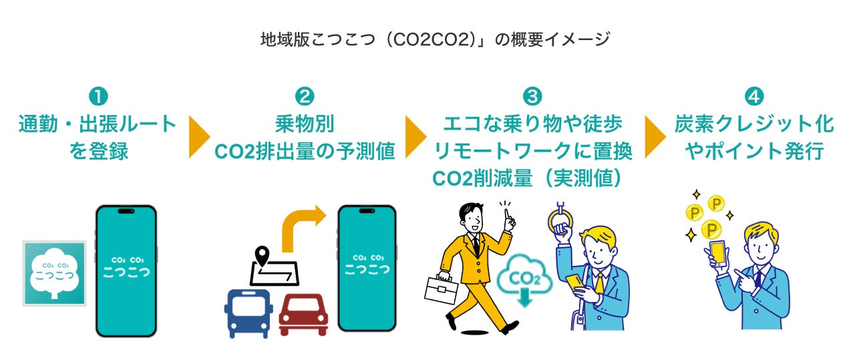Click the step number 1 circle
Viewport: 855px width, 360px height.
(x=98, y=97)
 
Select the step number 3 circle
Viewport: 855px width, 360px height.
(x=532, y=97)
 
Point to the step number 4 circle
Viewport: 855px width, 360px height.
(x=753, y=97)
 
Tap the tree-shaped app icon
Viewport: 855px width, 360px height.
(x=55, y=273)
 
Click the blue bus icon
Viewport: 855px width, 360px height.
(x=248, y=313)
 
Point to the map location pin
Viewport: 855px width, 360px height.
(x=263, y=255)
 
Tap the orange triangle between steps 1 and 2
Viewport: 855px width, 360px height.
(x=198, y=138)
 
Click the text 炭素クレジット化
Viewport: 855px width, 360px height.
(x=753, y=125)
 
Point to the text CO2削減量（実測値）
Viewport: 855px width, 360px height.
(x=532, y=178)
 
